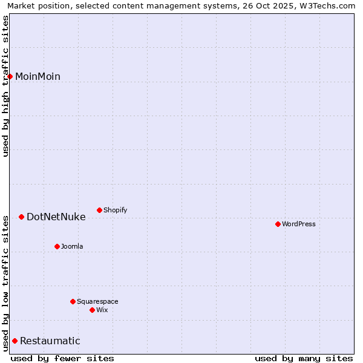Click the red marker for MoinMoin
pos(10,76)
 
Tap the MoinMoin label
pos(38,76)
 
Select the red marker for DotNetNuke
pos(21,217)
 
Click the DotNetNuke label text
pos(56,217)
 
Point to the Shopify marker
pos(99,210)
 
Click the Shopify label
pos(115,210)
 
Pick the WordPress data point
pos(278,224)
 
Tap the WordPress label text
pos(298,224)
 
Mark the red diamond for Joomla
pos(57,246)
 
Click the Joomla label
pos(72,246)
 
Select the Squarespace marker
pos(73,301)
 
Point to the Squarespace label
pos(97,301)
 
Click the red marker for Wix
pos(92,310)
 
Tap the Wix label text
pos(102,310)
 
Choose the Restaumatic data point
pos(15,341)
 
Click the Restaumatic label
pos(50,341)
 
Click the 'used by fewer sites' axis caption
pos(62,358)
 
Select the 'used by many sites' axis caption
pos(304,358)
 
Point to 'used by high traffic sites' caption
pos(6,86)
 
